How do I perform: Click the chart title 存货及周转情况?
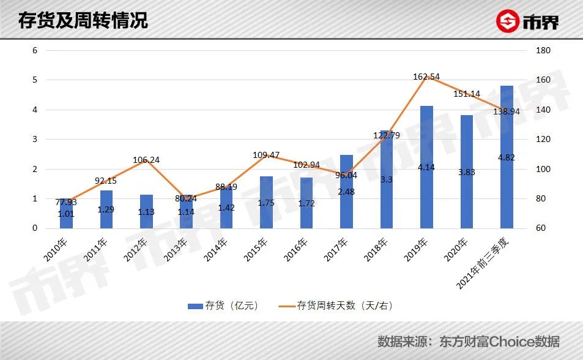pyautogui.click(x=83, y=20)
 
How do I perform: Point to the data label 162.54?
pyautogui.click(x=427, y=77)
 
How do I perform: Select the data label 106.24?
pyautogui.click(x=146, y=160)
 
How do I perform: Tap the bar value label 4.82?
pyautogui.click(x=507, y=157)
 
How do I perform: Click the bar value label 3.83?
pyautogui.click(x=467, y=172)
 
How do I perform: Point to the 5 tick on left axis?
pyautogui.click(x=35, y=80)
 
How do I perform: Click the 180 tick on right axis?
pyautogui.click(x=543, y=50)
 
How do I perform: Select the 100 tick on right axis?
pyautogui.click(x=543, y=169)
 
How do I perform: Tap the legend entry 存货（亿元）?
pyautogui.click(x=223, y=305)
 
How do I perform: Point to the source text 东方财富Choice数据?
pyautogui.click(x=499, y=341)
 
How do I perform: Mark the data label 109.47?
pyautogui.click(x=266, y=155)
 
